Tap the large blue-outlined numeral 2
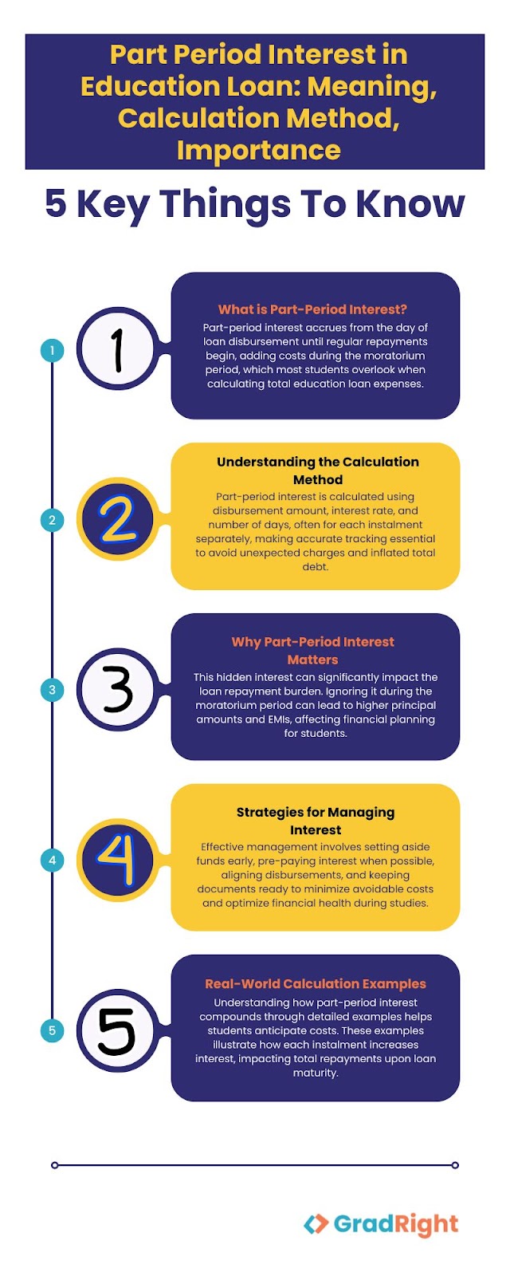(x=118, y=519)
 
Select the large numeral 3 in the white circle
(x=118, y=690)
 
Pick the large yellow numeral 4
(x=117, y=861)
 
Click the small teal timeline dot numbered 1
(x=53, y=350)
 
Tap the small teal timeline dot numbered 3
(x=53, y=690)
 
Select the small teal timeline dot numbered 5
(x=53, y=1030)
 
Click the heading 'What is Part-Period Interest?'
(x=312, y=309)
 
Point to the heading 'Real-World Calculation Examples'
(x=316, y=984)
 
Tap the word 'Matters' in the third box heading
(x=312, y=660)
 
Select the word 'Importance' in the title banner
(x=258, y=151)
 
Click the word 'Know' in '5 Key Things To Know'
(x=410, y=203)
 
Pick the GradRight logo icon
(x=316, y=1223)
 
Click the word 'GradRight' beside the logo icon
(x=396, y=1223)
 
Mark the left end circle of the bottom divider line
(x=55, y=1165)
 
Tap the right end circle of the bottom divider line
(x=455, y=1165)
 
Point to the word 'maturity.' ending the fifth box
(x=316, y=1073)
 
